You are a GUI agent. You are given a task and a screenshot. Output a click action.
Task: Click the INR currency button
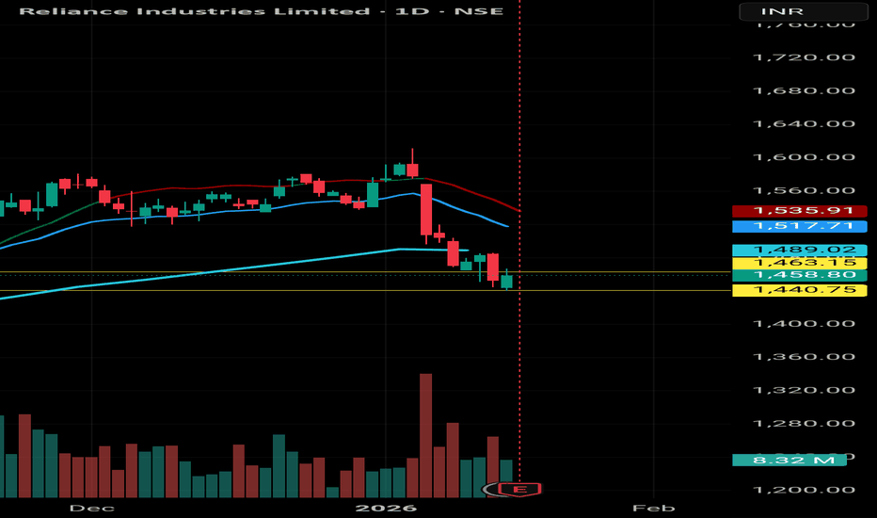pos(802,12)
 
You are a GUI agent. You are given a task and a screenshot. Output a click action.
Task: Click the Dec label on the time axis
pos(91,508)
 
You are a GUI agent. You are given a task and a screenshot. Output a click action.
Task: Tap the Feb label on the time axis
pos(654,508)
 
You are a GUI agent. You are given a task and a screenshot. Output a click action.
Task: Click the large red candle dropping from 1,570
pos(426,209)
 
